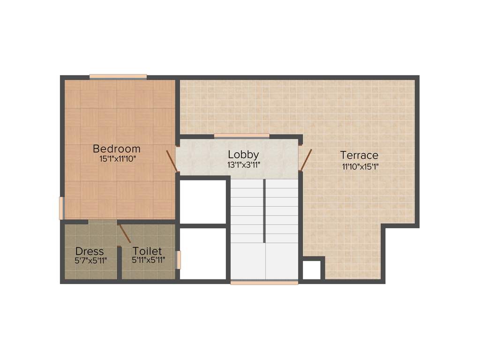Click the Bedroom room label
(117, 149)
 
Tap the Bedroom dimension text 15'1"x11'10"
(118, 159)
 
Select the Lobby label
(243, 154)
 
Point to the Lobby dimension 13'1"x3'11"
(243, 165)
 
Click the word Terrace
(359, 155)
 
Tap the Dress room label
(90, 251)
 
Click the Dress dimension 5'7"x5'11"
(91, 261)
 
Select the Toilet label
(147, 251)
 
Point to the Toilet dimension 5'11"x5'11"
(148, 261)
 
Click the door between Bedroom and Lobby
(172, 160)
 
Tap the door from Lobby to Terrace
(306, 160)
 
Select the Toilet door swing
(125, 233)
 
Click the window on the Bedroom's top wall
(118, 76)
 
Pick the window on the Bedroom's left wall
(61, 208)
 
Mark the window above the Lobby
(242, 136)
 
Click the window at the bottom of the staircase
(264, 283)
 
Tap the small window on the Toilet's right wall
(178, 260)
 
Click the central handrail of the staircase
(265, 210)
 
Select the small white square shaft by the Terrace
(311, 270)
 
